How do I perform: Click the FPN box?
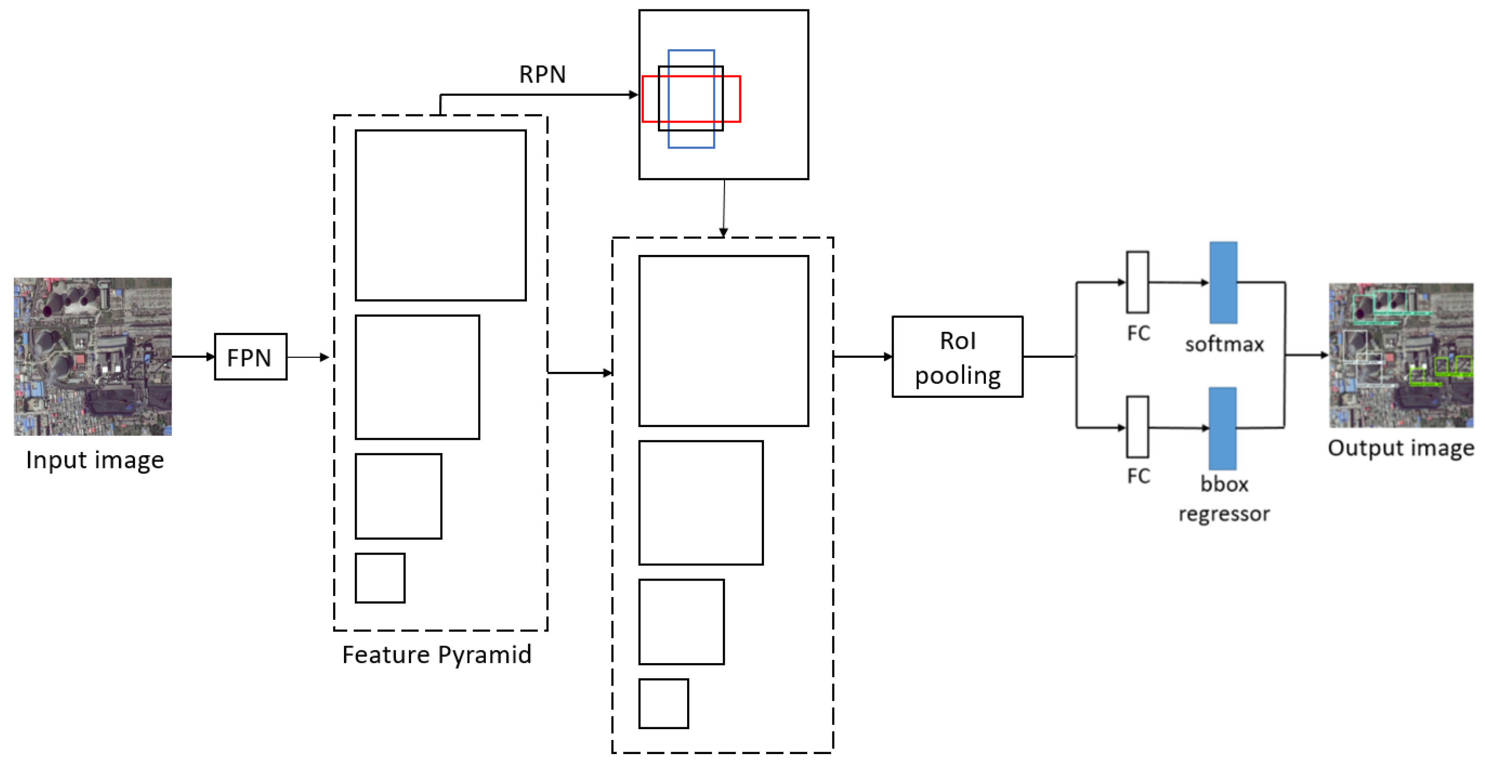(x=250, y=357)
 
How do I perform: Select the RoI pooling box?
(x=957, y=357)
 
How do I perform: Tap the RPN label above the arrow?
(x=542, y=74)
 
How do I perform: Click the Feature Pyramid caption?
(x=436, y=655)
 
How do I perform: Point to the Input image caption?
(x=95, y=460)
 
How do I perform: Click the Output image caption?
(x=1400, y=448)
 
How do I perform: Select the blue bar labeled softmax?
(x=1222, y=282)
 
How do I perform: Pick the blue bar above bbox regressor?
(x=1222, y=428)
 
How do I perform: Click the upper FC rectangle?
(x=1137, y=282)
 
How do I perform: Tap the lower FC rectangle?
(x=1137, y=427)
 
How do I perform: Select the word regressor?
(x=1223, y=514)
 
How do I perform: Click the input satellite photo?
(x=93, y=356)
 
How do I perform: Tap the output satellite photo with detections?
(x=1400, y=355)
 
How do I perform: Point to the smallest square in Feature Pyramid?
(x=380, y=578)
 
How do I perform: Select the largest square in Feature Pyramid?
(x=441, y=215)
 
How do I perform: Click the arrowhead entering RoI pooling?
(x=888, y=357)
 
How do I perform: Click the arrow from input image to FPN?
(x=193, y=357)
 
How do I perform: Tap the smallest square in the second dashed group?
(x=663, y=704)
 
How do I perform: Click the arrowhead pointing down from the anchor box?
(x=723, y=232)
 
